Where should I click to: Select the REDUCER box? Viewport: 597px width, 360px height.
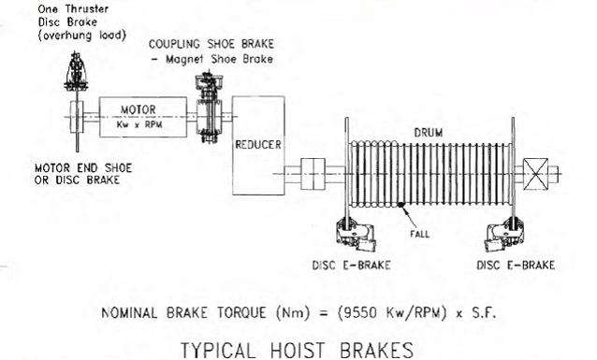[x=256, y=145]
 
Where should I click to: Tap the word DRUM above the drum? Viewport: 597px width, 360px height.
[x=429, y=133]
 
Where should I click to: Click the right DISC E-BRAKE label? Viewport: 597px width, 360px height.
[x=517, y=265]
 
